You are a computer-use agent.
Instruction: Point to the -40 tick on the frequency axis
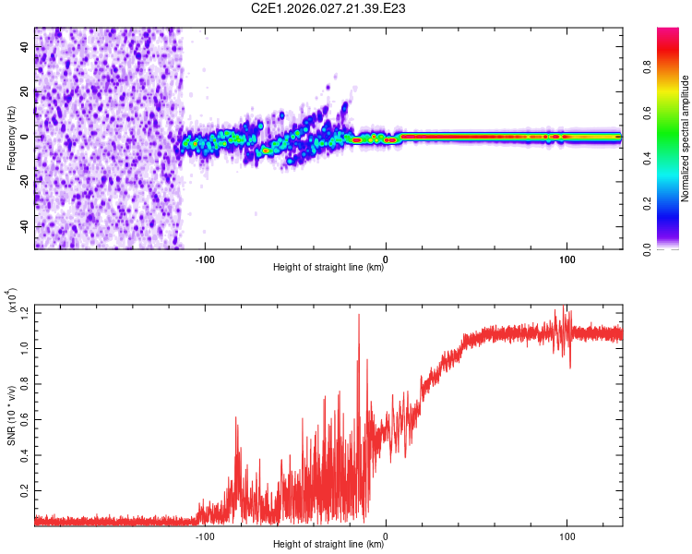(x=25, y=226)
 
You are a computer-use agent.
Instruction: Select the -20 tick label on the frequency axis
(x=25, y=182)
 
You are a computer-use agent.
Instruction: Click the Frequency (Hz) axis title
(x=11, y=138)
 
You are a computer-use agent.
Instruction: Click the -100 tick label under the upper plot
(x=205, y=259)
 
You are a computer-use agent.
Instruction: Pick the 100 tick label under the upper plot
(x=566, y=259)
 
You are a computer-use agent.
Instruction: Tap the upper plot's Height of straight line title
(x=328, y=269)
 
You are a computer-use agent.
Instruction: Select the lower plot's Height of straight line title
(x=328, y=544)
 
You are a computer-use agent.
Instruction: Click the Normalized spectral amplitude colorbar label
(x=686, y=138)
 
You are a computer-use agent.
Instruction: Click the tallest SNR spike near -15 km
(x=358, y=316)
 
